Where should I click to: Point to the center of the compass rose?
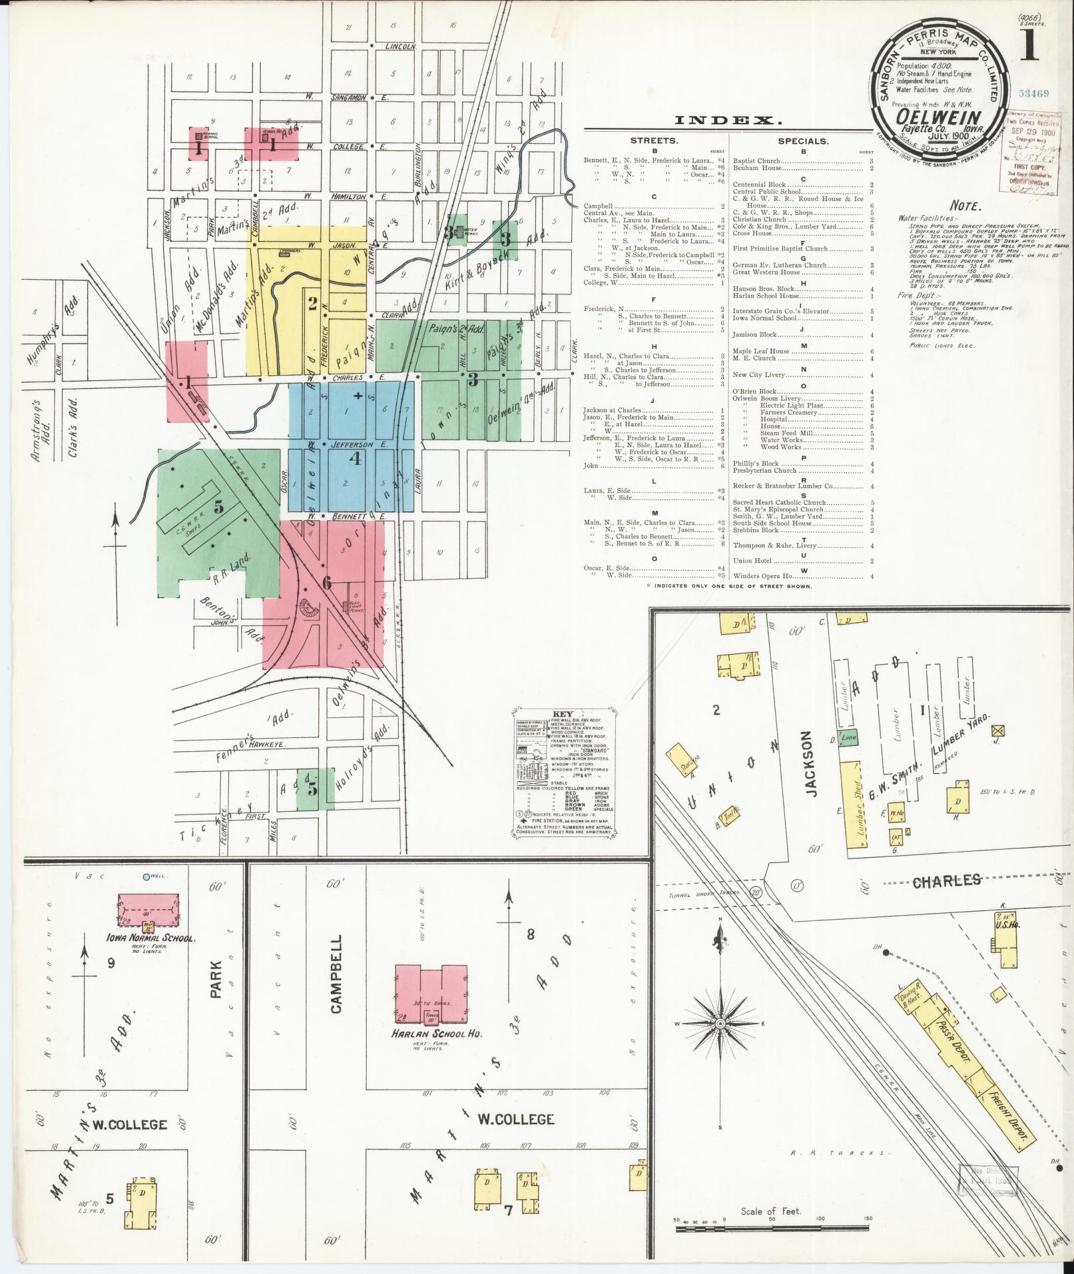pyautogui.click(x=720, y=1023)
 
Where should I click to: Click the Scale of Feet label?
pyautogui.click(x=771, y=1211)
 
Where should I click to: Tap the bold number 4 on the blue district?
pyautogui.click(x=356, y=458)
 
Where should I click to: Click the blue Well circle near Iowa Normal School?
pyautogui.click(x=146, y=878)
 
